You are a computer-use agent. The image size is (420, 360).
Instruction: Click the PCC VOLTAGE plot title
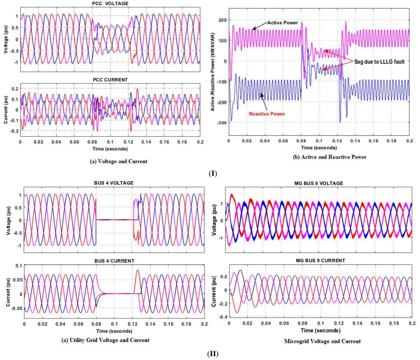pyautogui.click(x=110, y=4)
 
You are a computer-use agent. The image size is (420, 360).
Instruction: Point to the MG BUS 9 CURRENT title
pyautogui.click(x=320, y=261)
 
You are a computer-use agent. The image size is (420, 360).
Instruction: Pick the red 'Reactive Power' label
pyautogui.click(x=267, y=114)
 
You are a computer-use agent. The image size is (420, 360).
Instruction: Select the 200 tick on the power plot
pyautogui.click(x=222, y=20)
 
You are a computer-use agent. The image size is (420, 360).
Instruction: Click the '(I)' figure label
pyautogui.click(x=213, y=173)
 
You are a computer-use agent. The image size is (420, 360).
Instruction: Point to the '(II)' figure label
pyautogui.click(x=213, y=353)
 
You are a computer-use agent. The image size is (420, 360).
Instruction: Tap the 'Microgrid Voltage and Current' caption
pyautogui.click(x=322, y=341)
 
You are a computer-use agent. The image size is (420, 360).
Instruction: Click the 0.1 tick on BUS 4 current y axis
pyautogui.click(x=18, y=266)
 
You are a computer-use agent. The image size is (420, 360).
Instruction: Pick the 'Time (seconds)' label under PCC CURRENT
pyautogui.click(x=110, y=149)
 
